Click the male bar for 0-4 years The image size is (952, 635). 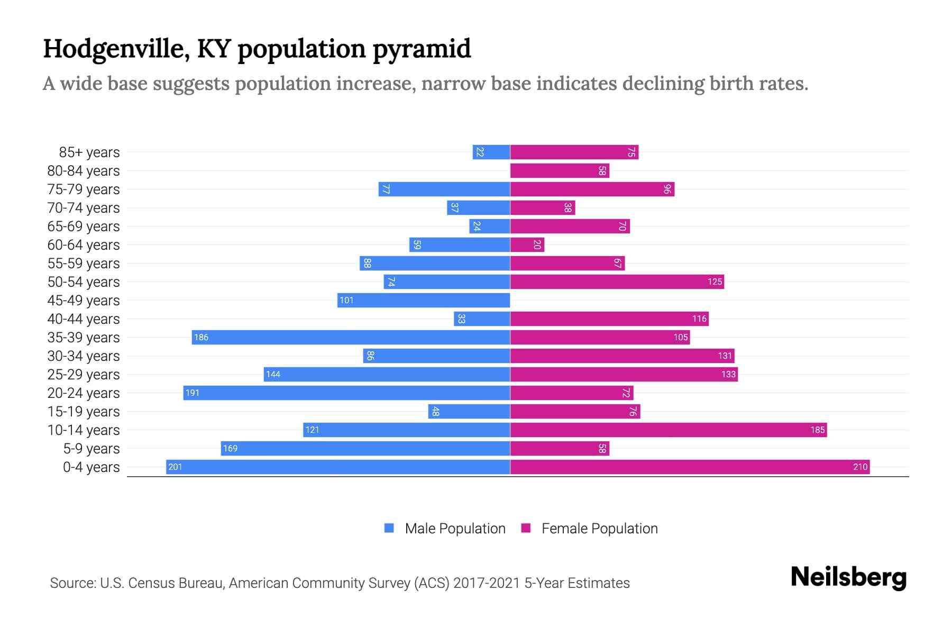338,467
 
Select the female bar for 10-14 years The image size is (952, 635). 669,430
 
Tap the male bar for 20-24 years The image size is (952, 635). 346,393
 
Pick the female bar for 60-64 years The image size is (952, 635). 527,244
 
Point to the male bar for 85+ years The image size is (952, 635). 491,152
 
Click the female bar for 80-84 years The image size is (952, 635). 560,170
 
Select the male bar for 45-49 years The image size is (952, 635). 424,300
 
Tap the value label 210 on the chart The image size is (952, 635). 860,467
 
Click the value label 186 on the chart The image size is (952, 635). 201,337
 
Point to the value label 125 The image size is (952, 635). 715,282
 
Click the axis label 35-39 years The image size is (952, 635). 84,338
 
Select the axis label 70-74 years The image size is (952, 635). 84,208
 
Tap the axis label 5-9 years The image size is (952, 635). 91,449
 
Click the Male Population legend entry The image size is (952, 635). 455,528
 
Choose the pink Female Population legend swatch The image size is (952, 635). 526,528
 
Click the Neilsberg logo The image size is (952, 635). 848,577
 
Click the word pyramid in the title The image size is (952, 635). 422,49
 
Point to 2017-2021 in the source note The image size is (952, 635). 487,583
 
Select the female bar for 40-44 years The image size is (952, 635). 609,319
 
